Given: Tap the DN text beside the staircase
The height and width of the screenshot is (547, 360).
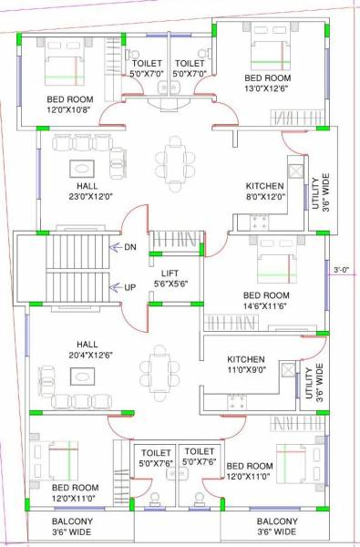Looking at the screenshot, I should tap(130, 246).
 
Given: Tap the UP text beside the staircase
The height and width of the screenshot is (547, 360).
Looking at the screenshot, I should tap(130, 287).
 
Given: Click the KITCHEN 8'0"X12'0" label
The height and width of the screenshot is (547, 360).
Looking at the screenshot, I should tap(264, 190).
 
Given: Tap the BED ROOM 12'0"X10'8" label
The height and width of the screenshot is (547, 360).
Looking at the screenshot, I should tap(69, 106).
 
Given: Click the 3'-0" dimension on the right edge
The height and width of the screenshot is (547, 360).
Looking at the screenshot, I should tap(342, 270).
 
